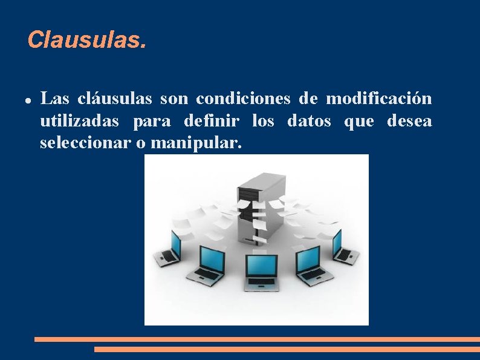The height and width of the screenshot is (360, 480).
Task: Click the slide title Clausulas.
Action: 86,41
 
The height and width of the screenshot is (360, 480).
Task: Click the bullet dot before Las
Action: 29,99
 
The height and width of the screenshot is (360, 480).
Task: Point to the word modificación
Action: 379,98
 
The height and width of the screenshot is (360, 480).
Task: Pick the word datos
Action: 309,121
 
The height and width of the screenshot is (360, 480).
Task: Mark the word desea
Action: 410,121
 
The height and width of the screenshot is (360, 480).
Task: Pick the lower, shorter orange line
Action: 287,349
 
